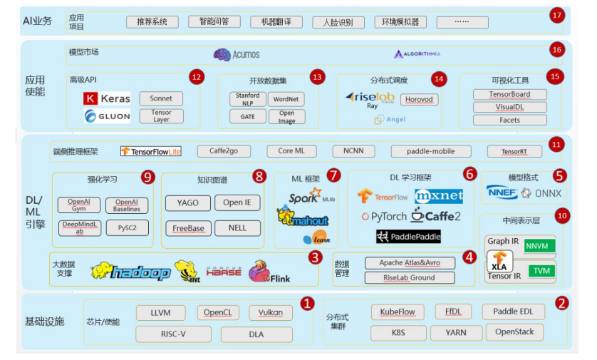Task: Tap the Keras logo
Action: coord(107,98)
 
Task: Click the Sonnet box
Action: coord(161,98)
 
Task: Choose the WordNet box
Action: coord(286,99)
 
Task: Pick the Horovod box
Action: coord(419,100)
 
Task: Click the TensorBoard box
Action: coord(509,94)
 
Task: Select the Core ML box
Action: coord(291,151)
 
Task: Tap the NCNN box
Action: coord(353,151)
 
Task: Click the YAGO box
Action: coord(187,202)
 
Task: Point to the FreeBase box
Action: coord(187,228)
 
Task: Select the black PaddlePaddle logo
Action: coord(408,236)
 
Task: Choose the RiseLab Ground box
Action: coord(408,277)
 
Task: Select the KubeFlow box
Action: coord(398,312)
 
